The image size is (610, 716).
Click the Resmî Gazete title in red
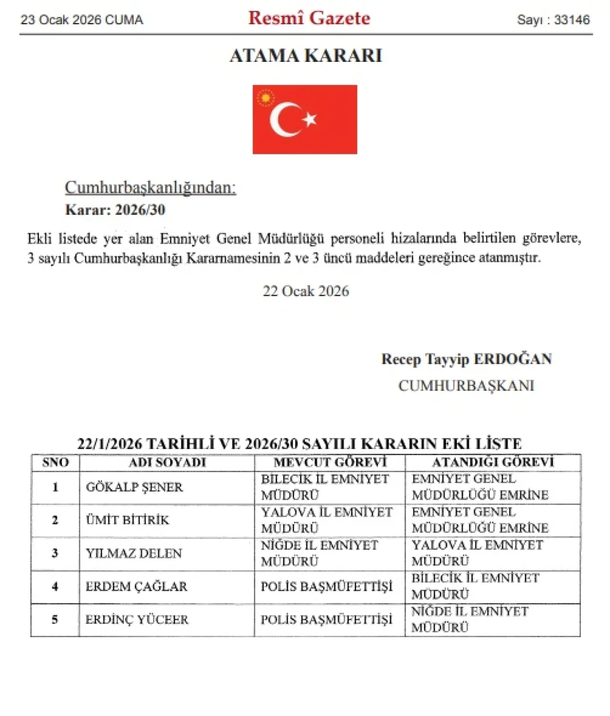tap(309, 18)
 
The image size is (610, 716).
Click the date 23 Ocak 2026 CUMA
tap(81, 20)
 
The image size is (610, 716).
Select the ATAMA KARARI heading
tap(305, 56)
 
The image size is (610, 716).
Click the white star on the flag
tap(310, 119)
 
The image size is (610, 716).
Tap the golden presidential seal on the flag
tap(265, 98)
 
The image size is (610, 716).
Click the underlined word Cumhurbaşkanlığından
tap(150, 188)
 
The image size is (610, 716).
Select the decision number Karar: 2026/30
tap(115, 209)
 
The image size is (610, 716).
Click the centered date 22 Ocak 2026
tap(305, 291)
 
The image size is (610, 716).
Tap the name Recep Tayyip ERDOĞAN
tap(466, 359)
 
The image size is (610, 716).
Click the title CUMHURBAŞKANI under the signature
tap(466, 385)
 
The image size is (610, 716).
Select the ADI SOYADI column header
tap(167, 462)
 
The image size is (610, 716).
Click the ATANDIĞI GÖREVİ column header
tap(493, 462)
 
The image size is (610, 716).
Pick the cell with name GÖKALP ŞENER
tap(134, 487)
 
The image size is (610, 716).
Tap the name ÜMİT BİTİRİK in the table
tap(127, 520)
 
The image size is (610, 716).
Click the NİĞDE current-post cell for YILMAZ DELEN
tap(319, 553)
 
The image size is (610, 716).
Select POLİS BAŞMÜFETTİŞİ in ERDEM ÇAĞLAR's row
tap(326, 587)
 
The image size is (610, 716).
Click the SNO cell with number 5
tap(55, 619)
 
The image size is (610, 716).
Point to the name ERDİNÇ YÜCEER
tap(137, 619)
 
